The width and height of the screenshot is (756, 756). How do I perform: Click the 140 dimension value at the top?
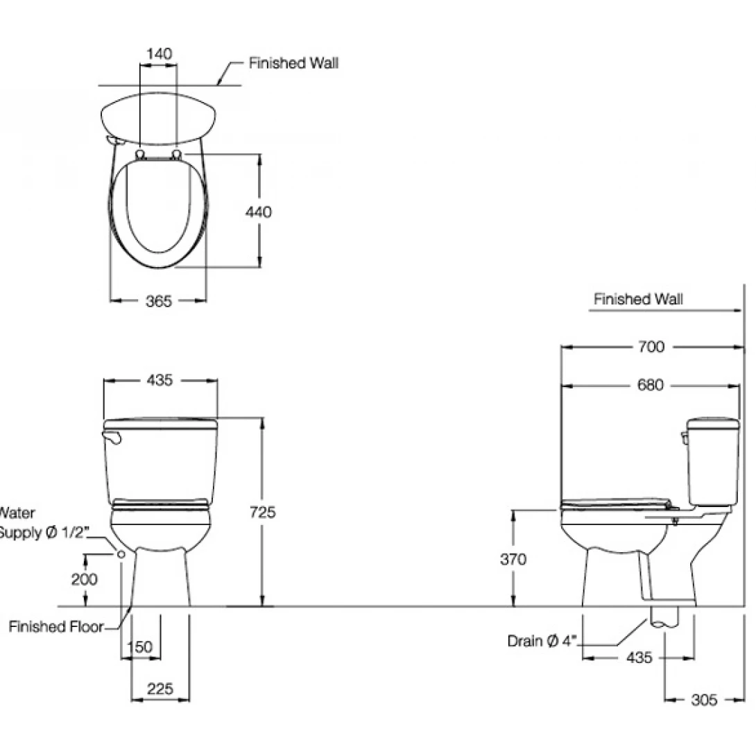(159, 53)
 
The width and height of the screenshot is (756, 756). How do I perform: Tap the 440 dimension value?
(259, 212)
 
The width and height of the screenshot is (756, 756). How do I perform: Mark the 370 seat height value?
(513, 559)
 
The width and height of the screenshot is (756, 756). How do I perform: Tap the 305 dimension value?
(703, 700)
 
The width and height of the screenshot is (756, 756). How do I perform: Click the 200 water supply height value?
(85, 579)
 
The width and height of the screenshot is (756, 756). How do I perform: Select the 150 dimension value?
(141, 646)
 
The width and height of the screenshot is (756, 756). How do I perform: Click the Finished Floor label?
(55, 627)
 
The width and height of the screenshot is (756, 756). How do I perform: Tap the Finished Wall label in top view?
(294, 63)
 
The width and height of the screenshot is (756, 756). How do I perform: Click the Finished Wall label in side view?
(638, 299)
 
